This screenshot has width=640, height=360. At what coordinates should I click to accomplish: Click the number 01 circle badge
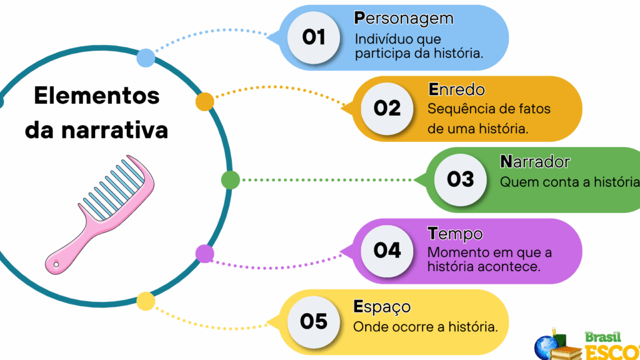[x=314, y=37]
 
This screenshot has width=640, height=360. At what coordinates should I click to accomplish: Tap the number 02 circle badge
[x=387, y=109]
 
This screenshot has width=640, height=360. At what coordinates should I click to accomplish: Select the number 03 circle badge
[x=461, y=179]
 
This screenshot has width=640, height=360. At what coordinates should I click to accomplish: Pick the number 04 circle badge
[x=387, y=251]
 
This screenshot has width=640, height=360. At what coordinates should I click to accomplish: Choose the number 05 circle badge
[x=314, y=322]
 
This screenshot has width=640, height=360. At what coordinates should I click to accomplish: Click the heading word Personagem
[x=404, y=19]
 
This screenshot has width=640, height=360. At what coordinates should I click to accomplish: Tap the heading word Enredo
[x=456, y=89]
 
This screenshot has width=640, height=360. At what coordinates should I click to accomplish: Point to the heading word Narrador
[x=535, y=162]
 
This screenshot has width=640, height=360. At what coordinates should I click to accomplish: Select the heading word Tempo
[x=455, y=234]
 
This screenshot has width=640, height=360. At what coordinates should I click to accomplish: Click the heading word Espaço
[x=382, y=307]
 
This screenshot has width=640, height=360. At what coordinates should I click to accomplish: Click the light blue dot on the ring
[x=146, y=57]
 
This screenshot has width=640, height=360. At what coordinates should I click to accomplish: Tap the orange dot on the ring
[x=205, y=102]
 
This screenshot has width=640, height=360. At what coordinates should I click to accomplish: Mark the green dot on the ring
[x=231, y=180]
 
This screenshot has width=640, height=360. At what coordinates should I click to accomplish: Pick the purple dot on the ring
[x=205, y=254]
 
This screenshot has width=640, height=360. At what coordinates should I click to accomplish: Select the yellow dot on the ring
[x=146, y=301]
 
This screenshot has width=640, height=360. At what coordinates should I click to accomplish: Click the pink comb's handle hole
[x=56, y=264]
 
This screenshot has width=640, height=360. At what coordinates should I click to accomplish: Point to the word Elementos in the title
[x=97, y=96]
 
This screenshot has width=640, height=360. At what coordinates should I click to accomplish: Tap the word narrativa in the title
[x=115, y=130]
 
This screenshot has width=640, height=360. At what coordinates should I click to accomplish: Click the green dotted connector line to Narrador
[x=327, y=180]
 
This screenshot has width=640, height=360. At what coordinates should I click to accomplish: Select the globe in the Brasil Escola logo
[x=546, y=347]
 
